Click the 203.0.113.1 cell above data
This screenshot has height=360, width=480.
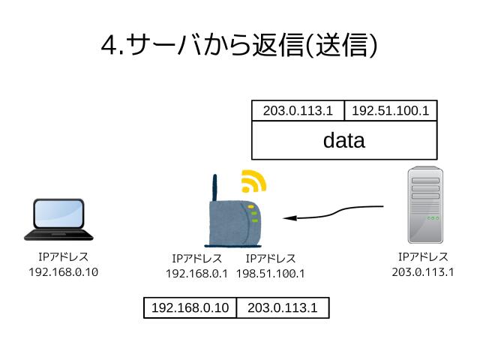(x=298, y=111)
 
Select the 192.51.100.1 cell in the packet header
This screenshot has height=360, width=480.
(x=390, y=111)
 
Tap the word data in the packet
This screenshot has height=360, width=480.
(x=343, y=140)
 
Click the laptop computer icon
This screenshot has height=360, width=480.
(x=58, y=220)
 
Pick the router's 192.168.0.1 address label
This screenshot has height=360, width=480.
(x=196, y=274)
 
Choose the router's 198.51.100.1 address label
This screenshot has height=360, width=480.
(x=271, y=274)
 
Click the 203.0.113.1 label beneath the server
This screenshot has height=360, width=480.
(x=423, y=271)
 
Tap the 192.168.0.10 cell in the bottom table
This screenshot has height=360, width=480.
(x=190, y=307)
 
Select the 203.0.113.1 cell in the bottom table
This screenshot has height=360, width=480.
(x=282, y=307)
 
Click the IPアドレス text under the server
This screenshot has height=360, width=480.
(x=423, y=257)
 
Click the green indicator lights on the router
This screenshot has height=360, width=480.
(x=254, y=214)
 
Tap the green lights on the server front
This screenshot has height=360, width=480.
(x=433, y=218)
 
